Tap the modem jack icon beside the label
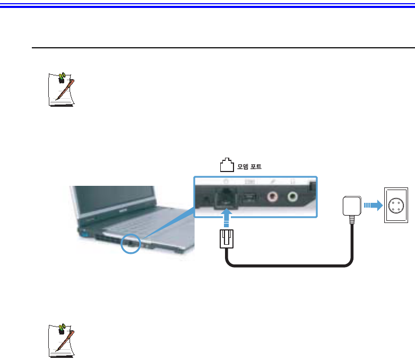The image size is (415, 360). pyautogui.click(x=227, y=166)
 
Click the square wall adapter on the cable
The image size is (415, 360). pyautogui.click(x=350, y=204)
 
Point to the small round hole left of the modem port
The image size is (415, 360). pyautogui.click(x=204, y=198)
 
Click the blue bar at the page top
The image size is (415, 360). pyautogui.click(x=207, y=6)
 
